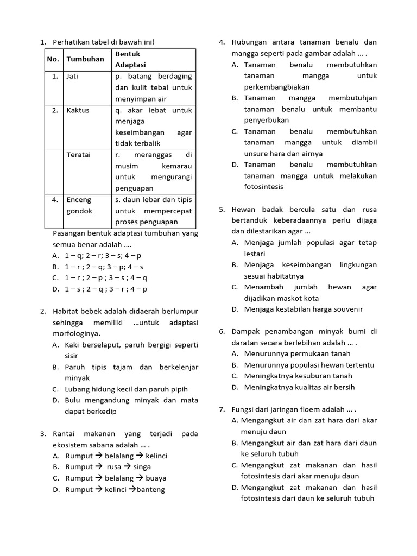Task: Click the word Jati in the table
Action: coord(72,77)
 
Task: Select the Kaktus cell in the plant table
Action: coord(78,110)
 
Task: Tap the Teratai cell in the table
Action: coord(78,155)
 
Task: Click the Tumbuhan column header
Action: coord(85,59)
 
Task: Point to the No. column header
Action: coord(53,59)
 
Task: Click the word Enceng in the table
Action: coord(79,199)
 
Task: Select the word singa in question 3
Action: coord(142,467)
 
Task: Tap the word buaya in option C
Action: coord(156,478)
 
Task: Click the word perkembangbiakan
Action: coord(277,87)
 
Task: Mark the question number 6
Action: coord(222,331)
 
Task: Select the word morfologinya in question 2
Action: coord(76,333)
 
